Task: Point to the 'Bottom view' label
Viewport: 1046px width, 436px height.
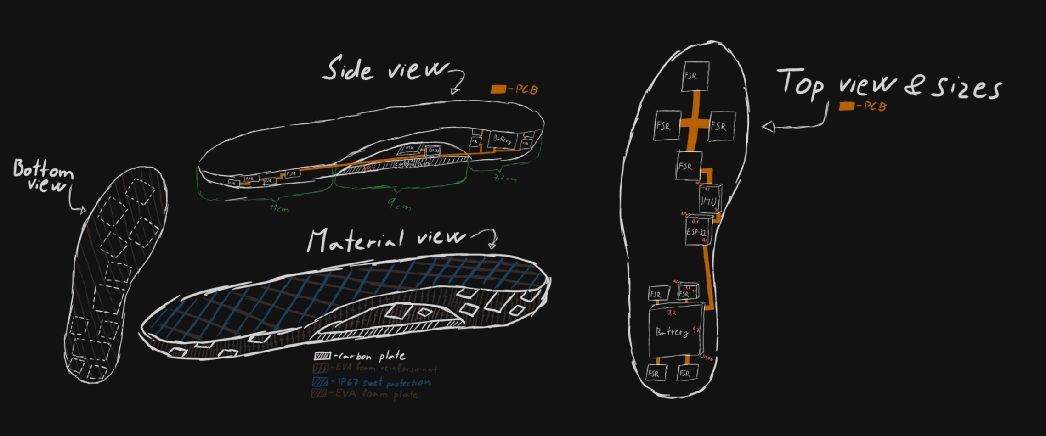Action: [x=43, y=176]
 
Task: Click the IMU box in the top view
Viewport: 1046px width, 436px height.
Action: [x=709, y=201]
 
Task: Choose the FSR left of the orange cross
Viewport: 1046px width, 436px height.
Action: [x=667, y=125]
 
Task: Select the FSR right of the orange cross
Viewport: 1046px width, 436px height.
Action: [x=721, y=126]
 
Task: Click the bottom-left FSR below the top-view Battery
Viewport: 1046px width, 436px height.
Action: [x=656, y=373]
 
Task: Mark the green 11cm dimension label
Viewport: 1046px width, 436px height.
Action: [x=279, y=209]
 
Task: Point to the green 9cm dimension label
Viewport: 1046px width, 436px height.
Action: [x=399, y=205]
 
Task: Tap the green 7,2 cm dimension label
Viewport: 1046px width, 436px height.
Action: [x=504, y=178]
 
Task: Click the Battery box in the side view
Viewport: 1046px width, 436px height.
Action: [x=502, y=140]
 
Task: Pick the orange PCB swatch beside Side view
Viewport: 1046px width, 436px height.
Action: [x=498, y=89]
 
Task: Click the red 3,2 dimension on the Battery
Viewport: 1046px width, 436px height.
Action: [x=672, y=313]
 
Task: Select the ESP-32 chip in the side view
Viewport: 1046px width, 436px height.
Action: [x=432, y=151]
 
